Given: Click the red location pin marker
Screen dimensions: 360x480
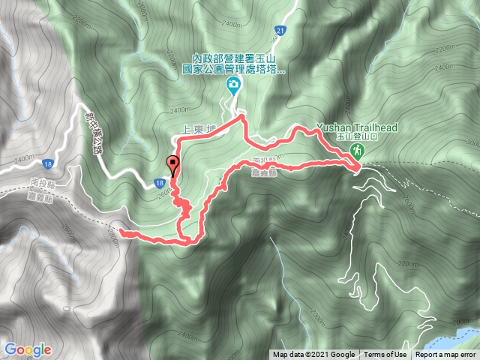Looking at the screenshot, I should [x=173, y=164].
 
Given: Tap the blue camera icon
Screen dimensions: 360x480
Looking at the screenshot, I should [x=234, y=84].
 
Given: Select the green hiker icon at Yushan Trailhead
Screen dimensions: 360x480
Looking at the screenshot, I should [x=358, y=152].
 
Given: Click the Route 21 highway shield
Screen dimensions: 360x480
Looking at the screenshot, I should [x=280, y=31].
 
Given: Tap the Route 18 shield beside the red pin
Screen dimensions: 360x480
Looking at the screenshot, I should [x=160, y=181].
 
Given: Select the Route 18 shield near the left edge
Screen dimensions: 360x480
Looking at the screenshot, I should [x=47, y=162].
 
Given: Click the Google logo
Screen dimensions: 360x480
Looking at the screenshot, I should [x=27, y=349].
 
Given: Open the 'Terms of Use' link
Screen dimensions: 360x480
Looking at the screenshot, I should [x=386, y=355].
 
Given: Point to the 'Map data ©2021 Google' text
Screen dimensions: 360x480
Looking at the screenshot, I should [x=313, y=355].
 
